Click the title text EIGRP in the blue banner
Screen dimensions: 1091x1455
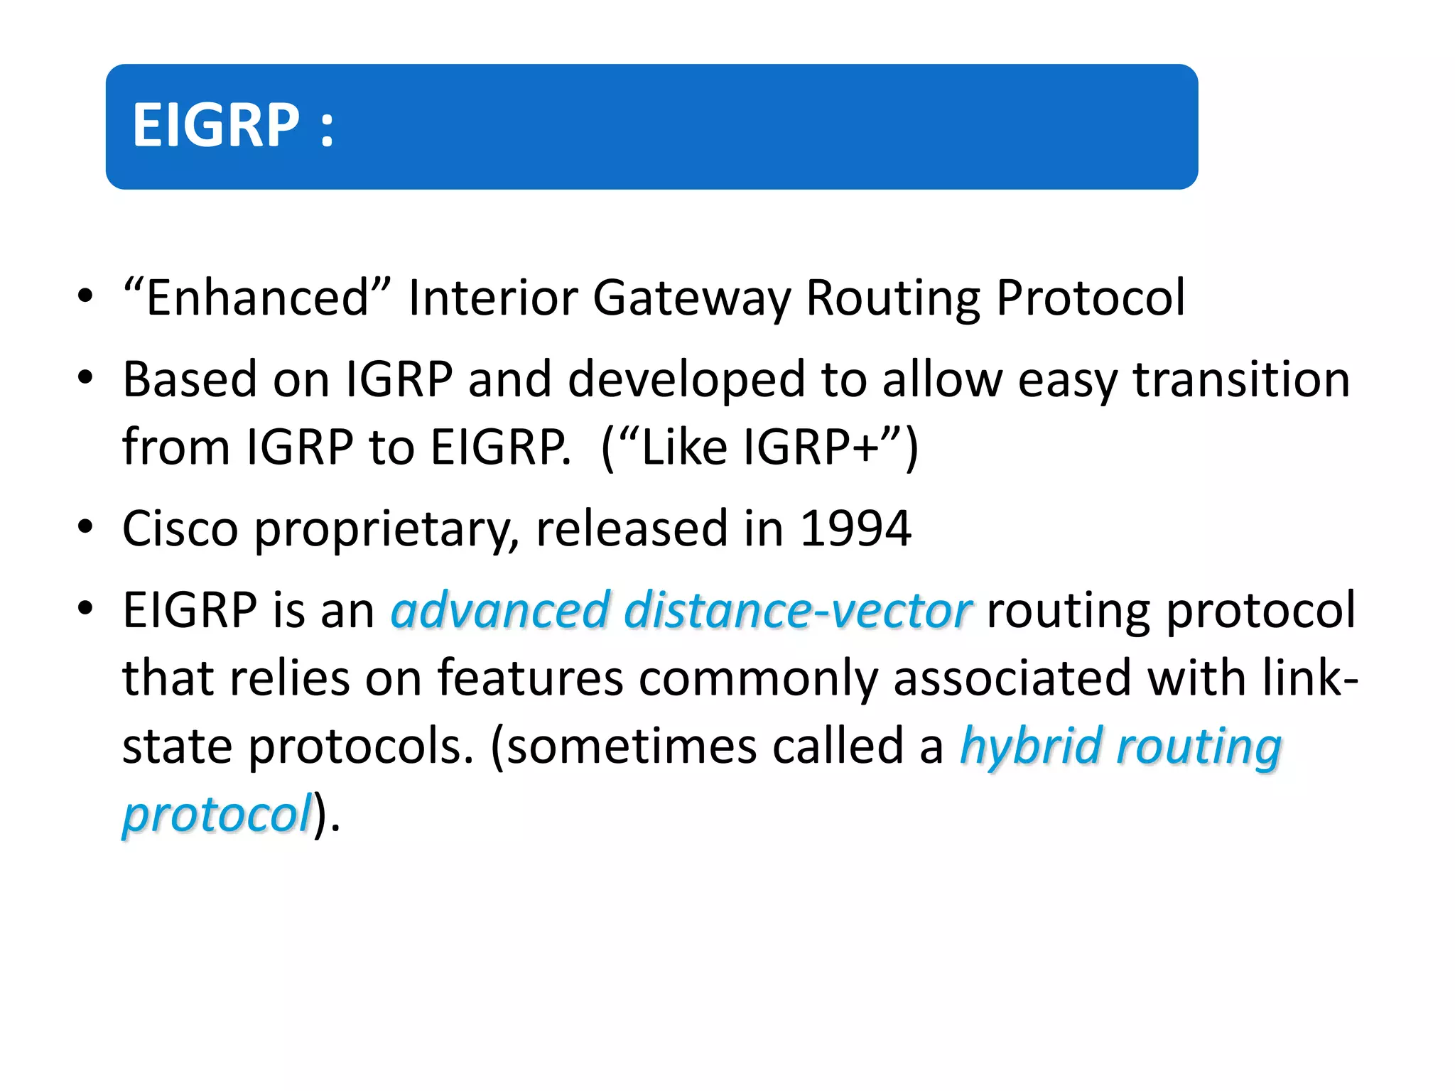pos(216,125)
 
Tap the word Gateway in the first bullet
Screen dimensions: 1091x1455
pos(691,298)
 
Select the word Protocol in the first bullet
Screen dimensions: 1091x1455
pos(1091,298)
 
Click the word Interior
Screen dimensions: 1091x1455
pos(492,298)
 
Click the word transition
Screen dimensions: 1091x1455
pos(1240,379)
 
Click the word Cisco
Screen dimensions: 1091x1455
pos(180,528)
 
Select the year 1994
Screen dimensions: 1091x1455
pos(855,528)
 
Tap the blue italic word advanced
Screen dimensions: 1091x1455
pos(500,611)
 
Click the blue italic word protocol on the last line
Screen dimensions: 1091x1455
pos(217,815)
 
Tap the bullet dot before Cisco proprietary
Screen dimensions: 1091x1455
pos(85,527)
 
